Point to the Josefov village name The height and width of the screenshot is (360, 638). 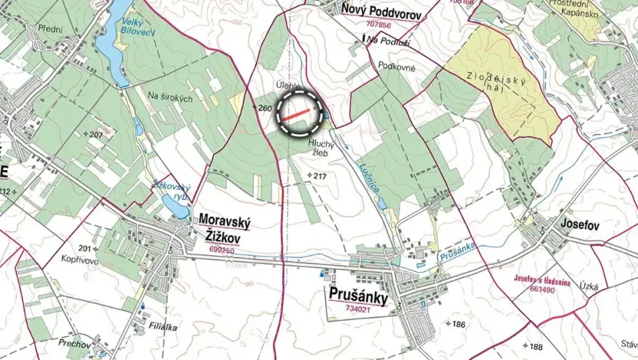pyautogui.click(x=580, y=225)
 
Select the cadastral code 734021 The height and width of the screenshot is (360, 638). pyautogui.click(x=358, y=309)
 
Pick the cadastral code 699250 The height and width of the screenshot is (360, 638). pyautogui.click(x=221, y=250)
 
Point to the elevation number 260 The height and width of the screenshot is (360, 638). pyautogui.click(x=264, y=108)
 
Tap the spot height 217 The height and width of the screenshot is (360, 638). pyautogui.click(x=319, y=176)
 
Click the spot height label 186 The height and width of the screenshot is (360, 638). pyautogui.click(x=458, y=325)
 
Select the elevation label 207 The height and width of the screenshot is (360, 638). pyautogui.click(x=95, y=135)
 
